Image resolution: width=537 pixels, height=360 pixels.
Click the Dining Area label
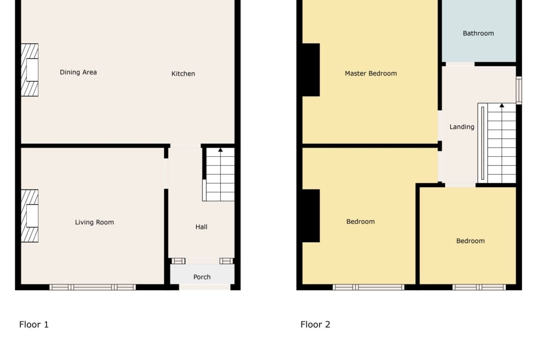pos(78,72)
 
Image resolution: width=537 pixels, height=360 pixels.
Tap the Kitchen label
pos(183,73)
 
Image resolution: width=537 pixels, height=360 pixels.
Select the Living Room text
pos(94,222)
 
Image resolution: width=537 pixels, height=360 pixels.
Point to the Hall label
pos(201,227)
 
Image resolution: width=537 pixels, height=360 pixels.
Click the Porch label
pos(201,277)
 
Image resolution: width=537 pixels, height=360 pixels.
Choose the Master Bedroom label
pos(370,73)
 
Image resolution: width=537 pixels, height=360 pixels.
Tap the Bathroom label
pos(478,33)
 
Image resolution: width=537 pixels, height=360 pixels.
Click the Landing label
pos(462,127)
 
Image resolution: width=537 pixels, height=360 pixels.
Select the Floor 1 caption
pos(34,324)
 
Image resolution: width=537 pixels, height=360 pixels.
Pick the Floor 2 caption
pos(315,324)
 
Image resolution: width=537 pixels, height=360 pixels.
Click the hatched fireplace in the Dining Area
pos(30,70)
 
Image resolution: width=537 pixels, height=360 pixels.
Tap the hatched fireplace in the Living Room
pos(30,216)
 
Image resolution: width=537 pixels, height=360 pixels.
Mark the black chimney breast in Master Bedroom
pos(311,70)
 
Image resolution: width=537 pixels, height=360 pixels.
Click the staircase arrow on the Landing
pos(502,105)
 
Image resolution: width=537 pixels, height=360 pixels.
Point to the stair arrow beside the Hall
pos(220,150)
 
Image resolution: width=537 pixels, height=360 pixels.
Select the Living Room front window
pos(92,287)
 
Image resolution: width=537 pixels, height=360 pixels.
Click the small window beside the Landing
pos(519,90)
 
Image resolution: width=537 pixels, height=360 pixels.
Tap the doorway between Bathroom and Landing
pos(460,64)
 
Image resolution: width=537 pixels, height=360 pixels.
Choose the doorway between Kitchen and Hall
pos(185,146)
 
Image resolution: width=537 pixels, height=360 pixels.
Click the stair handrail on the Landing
pos(482,144)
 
